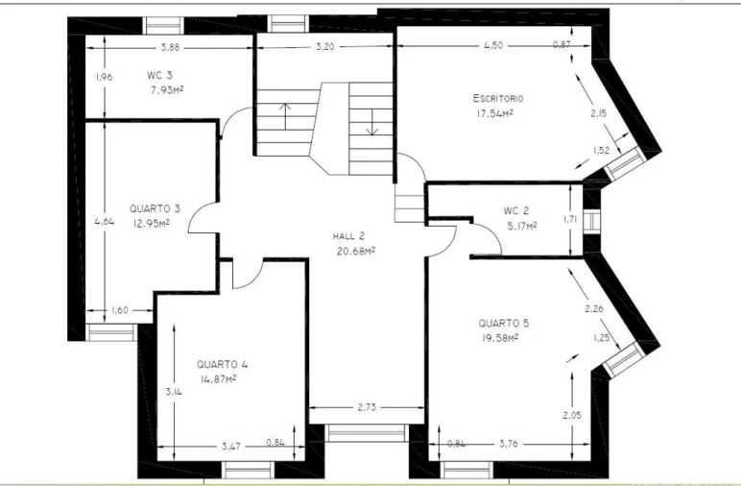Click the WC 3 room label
click(159, 75)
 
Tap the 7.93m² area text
click(167, 90)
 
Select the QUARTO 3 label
click(155, 208)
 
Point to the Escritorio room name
click(498, 98)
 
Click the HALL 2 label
click(348, 236)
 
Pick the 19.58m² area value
click(499, 338)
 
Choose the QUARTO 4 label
click(222, 365)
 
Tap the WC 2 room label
click(516, 211)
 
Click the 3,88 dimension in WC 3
click(170, 47)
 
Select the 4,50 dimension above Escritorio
click(493, 45)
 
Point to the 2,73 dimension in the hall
click(367, 407)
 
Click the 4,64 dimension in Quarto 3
click(105, 221)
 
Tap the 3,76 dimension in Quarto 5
click(509, 444)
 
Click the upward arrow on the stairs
click(285, 116)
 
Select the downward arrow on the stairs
click(372, 122)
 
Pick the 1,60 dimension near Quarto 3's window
click(120, 310)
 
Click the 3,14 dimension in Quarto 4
click(174, 392)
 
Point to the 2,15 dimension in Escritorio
click(598, 113)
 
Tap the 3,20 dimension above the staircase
click(324, 47)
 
